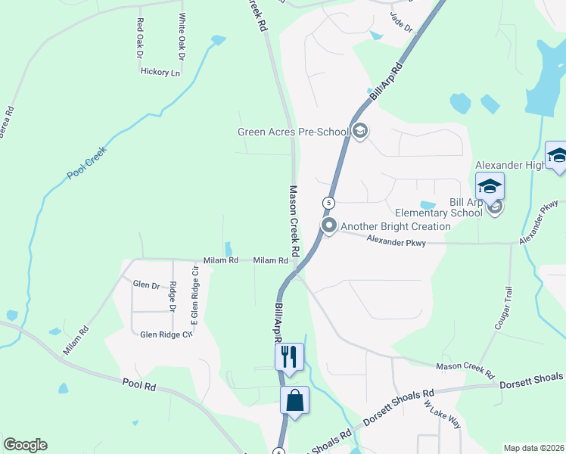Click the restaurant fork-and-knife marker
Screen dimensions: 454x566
(x=289, y=356)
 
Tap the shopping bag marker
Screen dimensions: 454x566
(x=294, y=400)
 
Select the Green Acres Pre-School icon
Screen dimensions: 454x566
(x=360, y=132)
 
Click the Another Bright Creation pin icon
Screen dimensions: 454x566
(x=329, y=225)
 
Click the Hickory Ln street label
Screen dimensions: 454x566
(x=160, y=73)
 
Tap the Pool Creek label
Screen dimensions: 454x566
(x=87, y=163)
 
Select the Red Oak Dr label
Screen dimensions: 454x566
(x=139, y=38)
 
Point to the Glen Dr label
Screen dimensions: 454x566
(x=146, y=285)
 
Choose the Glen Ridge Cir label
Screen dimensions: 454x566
(x=162, y=333)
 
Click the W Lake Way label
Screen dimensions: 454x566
(x=442, y=415)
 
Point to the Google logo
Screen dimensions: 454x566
(x=25, y=445)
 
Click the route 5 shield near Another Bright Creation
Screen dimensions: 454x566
(x=328, y=203)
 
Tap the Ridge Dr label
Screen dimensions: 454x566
(x=173, y=297)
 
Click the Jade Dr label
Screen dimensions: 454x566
(x=401, y=20)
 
